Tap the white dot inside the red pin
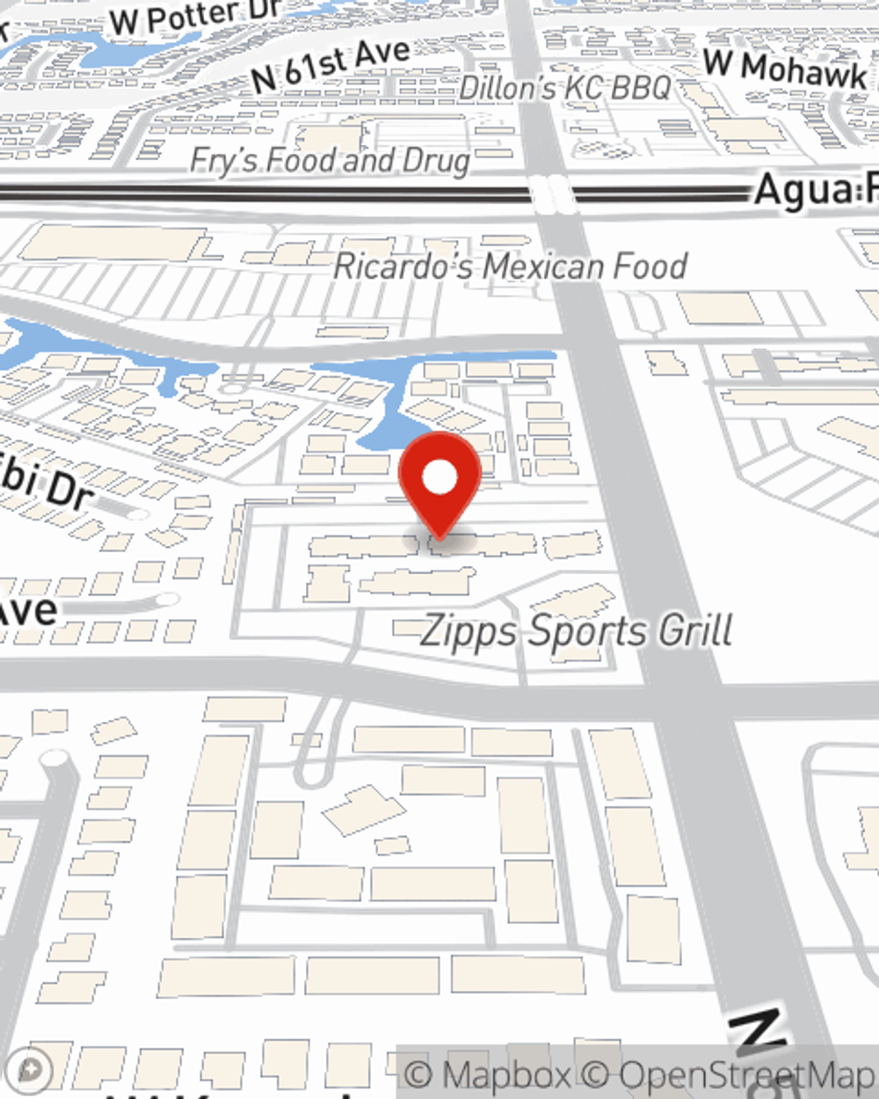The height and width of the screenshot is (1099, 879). click(439, 478)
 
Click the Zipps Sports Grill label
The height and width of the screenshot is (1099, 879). click(576, 631)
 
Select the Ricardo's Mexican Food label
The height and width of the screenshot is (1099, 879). click(510, 266)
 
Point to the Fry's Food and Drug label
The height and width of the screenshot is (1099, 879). click(330, 161)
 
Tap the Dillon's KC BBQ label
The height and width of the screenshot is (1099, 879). click(564, 88)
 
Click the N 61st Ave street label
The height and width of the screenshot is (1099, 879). click(330, 66)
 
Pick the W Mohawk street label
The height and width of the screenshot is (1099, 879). click(787, 69)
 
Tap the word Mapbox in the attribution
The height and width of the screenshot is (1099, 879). click(506, 1074)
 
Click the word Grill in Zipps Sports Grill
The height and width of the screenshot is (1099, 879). click(695, 631)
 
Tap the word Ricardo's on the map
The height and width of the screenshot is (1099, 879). click(405, 266)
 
